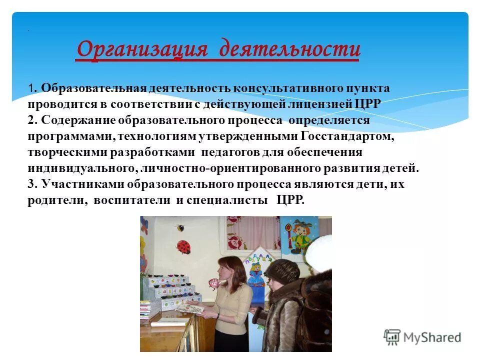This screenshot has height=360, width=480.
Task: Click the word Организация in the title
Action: [x=142, y=49]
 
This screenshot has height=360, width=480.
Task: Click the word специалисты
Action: [x=226, y=200]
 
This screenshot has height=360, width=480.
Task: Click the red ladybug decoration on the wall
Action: [x=183, y=247]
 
